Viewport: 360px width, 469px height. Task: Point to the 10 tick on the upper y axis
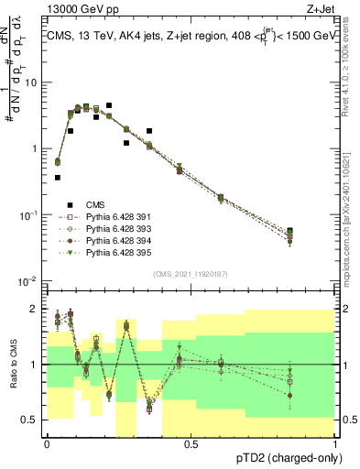(33, 82)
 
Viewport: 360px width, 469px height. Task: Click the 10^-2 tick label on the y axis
(30, 280)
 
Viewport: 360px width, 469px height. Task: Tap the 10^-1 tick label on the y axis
(30, 214)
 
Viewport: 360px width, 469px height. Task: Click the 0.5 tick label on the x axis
(191, 443)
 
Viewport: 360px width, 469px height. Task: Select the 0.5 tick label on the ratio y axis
(32, 420)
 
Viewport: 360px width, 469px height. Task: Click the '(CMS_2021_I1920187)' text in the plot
(191, 273)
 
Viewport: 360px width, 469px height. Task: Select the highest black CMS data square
(109, 105)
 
